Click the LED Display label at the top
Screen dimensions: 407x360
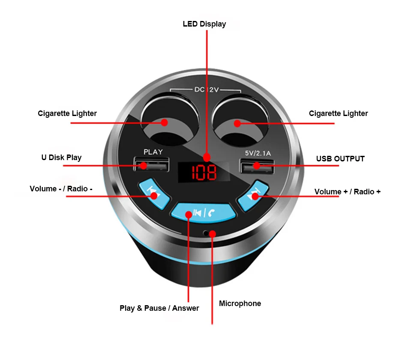pos(204,24)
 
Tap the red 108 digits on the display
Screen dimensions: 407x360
pos(204,173)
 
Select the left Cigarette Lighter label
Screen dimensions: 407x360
pos(67,113)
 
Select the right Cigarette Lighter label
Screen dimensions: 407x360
pos(338,113)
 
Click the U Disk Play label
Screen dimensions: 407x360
pos(61,158)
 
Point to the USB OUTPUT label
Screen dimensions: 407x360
pos(340,159)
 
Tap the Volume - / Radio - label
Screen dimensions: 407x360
pos(61,189)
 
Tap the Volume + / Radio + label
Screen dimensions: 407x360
pos(347,191)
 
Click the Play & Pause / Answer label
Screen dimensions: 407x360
pos(159,308)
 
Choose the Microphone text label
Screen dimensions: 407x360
pos(240,303)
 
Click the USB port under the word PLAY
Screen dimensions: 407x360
pos(151,165)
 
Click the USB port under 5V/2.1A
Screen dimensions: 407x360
pos(256,165)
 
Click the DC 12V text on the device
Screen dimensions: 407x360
pos(206,89)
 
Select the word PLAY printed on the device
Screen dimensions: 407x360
pos(153,152)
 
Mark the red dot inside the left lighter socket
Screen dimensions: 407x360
pos(164,122)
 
